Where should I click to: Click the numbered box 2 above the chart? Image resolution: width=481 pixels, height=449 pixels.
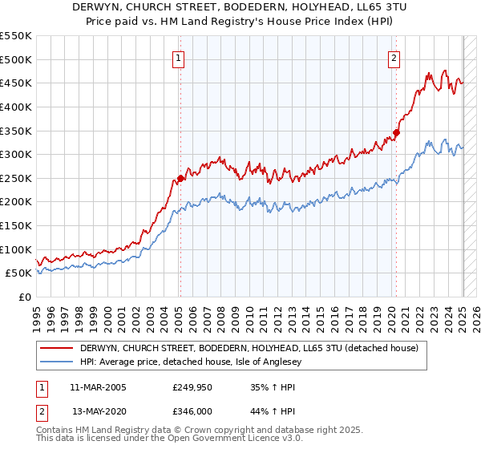394,58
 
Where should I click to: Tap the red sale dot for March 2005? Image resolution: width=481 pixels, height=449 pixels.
180,179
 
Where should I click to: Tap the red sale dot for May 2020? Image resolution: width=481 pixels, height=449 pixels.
396,133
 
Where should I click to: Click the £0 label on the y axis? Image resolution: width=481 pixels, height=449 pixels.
25,297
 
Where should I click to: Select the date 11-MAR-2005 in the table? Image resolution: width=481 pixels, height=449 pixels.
98,387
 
